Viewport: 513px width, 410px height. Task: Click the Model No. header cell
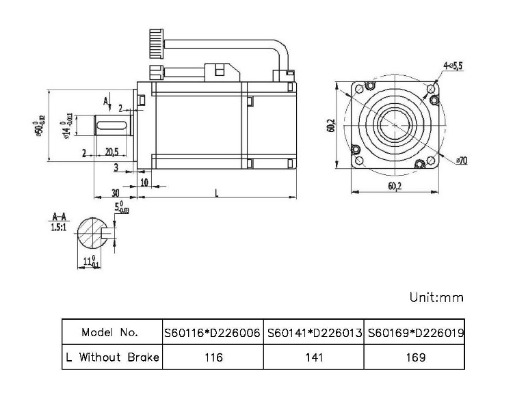(x=110, y=333)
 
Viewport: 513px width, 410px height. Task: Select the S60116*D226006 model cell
(x=212, y=333)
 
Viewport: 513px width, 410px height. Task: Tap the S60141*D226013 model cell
(x=313, y=333)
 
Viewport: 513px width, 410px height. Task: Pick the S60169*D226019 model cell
(x=415, y=333)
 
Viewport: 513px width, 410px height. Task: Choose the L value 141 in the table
(x=313, y=357)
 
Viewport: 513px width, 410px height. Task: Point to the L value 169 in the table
(x=415, y=357)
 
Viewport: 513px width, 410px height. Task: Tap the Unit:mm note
(x=436, y=297)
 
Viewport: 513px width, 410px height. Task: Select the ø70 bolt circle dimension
(x=460, y=161)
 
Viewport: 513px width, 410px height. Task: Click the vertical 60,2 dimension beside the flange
(x=331, y=126)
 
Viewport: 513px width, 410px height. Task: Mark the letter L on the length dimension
(x=216, y=194)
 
